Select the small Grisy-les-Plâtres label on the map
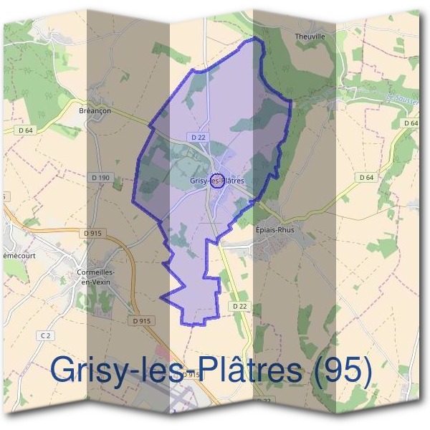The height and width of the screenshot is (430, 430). tap(217, 181)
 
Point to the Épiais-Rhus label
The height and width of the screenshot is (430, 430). tap(275, 231)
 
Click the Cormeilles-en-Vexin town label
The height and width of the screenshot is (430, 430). tap(96, 277)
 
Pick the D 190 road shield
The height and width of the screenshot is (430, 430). tap(101, 176)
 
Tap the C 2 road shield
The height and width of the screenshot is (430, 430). tap(45, 335)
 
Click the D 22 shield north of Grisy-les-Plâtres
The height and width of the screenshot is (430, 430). tap(199, 136)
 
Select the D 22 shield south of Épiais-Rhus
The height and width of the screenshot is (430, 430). tap(239, 305)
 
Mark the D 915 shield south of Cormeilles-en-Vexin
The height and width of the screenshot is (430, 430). tap(143, 320)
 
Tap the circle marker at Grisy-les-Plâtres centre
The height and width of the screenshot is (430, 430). tap(216, 179)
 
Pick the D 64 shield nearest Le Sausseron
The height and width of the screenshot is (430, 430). tap(411, 123)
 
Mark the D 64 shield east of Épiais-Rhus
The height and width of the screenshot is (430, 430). tap(366, 177)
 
